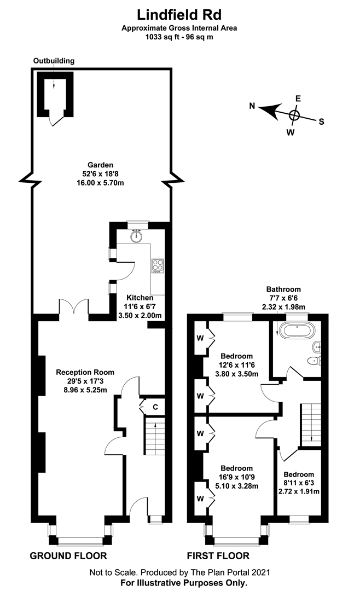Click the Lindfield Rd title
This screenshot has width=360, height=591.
180,13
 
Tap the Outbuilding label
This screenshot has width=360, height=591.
54,61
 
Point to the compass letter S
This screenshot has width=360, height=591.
322,121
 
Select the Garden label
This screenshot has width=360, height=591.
100,164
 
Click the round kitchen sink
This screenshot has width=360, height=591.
137,235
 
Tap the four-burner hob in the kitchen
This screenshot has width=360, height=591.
158,265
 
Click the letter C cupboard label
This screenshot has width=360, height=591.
155,407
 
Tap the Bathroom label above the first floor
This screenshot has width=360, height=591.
283,289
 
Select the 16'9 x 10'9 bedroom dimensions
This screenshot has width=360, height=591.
236,477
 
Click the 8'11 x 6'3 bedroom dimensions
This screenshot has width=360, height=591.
299,483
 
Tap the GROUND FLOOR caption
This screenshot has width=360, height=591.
68,557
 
